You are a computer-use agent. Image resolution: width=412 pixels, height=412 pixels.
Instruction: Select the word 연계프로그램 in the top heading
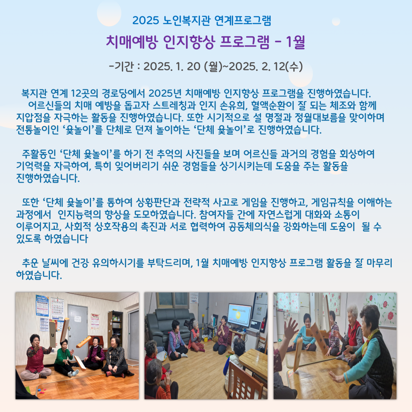tap(243, 20)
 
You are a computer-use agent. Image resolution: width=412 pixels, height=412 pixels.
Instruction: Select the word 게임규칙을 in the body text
tap(333, 202)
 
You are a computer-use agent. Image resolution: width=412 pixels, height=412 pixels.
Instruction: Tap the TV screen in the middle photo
tap(239, 314)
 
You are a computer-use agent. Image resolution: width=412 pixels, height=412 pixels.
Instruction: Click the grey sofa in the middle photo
tap(168, 324)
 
